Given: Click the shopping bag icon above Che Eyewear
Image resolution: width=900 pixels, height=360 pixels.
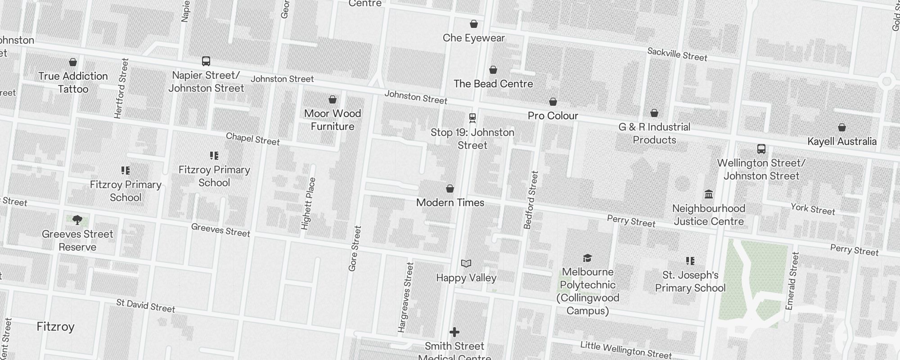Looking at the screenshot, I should (473, 24).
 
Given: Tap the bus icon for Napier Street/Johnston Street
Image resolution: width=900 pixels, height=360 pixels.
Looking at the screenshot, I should (206, 61).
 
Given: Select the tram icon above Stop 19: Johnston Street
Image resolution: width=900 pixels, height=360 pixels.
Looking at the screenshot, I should (472, 118).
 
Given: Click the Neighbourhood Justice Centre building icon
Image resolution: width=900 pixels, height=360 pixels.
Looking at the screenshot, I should (709, 194).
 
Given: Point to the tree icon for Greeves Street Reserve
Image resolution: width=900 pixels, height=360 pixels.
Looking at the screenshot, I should (77, 220).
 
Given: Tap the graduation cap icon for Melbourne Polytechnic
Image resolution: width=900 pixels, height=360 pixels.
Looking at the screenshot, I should (587, 258).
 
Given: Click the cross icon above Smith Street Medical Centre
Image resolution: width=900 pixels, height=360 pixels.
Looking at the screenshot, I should (454, 332).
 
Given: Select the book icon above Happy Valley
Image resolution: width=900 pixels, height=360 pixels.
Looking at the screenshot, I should (466, 263).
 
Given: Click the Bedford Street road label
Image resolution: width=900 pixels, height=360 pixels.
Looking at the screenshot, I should (531, 200).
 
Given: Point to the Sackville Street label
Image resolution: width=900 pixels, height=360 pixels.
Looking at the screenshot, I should (677, 54).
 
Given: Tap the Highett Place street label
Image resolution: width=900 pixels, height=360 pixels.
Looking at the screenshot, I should (308, 203).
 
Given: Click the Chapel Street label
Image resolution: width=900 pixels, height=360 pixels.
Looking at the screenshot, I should (252, 139).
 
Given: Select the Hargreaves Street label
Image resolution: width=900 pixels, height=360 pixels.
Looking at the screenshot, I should (405, 297).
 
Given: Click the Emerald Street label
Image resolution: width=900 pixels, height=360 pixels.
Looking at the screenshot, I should (792, 281).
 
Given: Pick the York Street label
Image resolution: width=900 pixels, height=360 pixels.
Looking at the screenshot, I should (813, 209).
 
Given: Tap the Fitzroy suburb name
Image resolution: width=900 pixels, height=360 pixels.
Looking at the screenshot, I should (55, 327).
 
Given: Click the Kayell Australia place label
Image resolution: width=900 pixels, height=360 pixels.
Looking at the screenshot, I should (841, 141).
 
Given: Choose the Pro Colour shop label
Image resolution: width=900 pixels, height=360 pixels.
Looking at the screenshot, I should (553, 116).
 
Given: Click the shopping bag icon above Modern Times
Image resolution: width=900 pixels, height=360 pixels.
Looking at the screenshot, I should (450, 189).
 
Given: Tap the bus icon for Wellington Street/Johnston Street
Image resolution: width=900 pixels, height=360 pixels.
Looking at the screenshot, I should (761, 149).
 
